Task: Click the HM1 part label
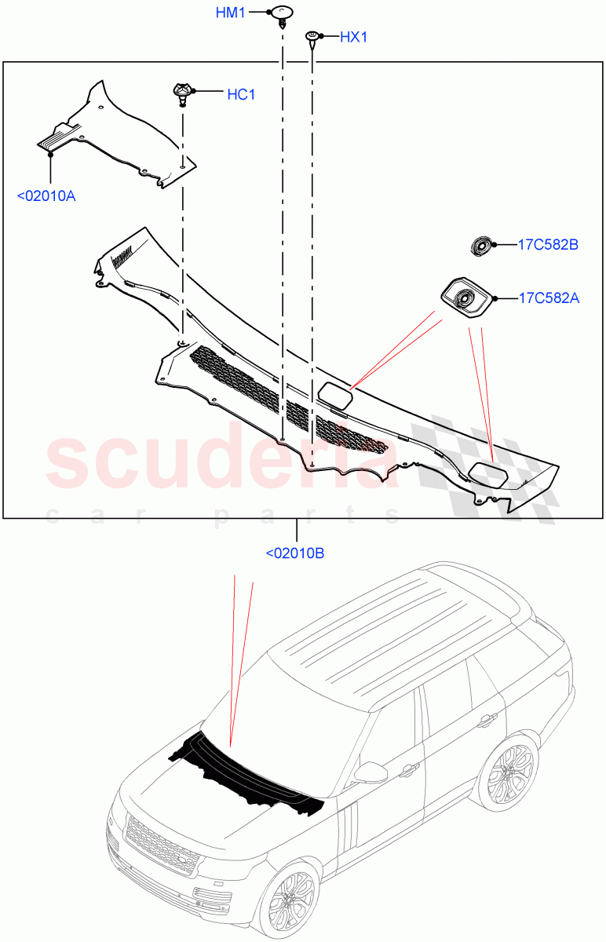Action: pos(232,13)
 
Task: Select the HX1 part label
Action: pos(354,37)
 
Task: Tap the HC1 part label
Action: pos(241,95)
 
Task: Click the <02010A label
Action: pos(46,195)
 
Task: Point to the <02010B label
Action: pos(295,553)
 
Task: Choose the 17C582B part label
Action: pos(548,245)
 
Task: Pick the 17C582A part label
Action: pos(548,298)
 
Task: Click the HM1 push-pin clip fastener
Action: pos(280,14)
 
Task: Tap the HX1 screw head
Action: pos(312,36)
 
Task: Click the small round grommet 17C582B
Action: pos(480,246)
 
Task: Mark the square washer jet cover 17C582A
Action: pos(464,297)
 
